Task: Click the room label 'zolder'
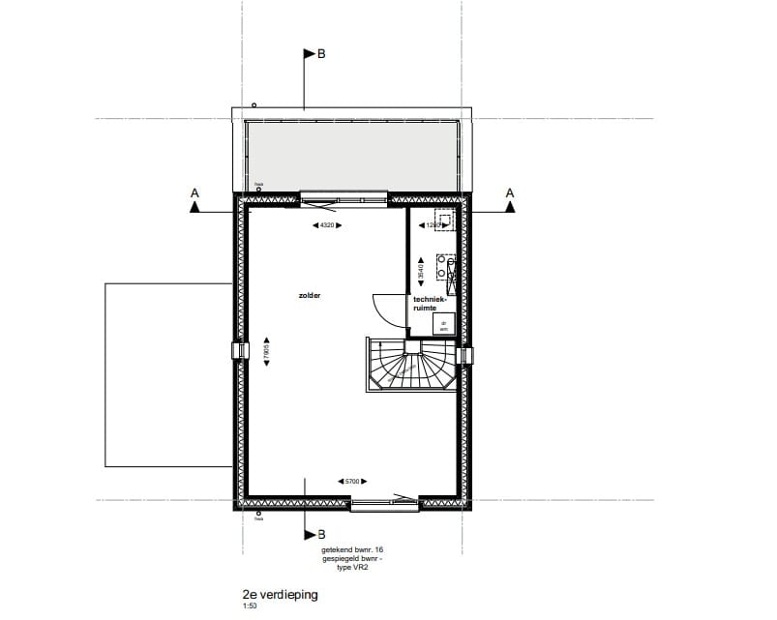(310, 296)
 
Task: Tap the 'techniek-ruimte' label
(431, 304)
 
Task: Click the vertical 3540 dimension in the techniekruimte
(421, 272)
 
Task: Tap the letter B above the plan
(321, 55)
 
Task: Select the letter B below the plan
(321, 534)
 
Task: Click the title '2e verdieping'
(280, 596)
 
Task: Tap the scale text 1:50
(250, 607)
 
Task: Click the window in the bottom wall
(384, 502)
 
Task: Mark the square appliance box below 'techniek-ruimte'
(444, 326)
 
